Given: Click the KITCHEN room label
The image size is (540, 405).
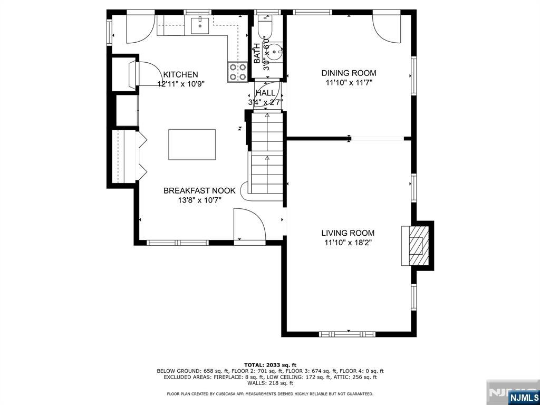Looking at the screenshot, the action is tap(180, 74).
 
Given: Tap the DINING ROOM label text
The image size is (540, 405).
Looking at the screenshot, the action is tap(349, 73).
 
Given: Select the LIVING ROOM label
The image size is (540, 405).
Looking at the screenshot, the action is tap(348, 233).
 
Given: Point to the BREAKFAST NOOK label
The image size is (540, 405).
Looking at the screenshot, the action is tap(199, 190).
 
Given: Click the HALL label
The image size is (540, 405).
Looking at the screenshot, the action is tap(266, 93).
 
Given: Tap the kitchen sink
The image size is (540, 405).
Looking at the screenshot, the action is tap(200, 25).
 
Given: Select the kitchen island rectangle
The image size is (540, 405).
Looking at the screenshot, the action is tap(192, 144).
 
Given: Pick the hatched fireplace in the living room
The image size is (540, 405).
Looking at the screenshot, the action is tap(416, 246).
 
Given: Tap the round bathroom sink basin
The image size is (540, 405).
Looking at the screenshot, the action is tap(275, 52).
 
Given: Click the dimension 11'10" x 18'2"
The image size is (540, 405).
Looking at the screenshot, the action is tap(348, 243).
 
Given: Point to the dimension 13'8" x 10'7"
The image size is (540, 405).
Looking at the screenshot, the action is tap(199, 200).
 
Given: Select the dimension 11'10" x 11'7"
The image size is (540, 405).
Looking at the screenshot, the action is tap(349, 82).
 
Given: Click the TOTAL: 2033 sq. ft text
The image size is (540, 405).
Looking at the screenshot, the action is tap(270, 365).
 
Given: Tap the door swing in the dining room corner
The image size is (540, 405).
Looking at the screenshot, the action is tap(387, 28).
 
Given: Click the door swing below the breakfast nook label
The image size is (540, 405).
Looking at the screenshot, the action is tap(249, 224).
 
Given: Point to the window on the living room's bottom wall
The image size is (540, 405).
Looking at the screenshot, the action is tap(347, 334).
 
